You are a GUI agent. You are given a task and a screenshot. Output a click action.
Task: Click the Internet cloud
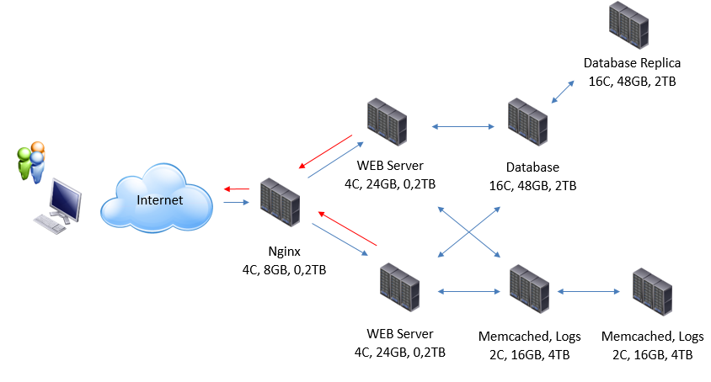tap(157, 199)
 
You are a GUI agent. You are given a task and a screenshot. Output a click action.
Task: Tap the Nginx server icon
tap(281, 203)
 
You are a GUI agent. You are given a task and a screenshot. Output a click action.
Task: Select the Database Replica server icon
tap(630, 26)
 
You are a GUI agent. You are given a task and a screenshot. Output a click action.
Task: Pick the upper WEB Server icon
tap(388, 123)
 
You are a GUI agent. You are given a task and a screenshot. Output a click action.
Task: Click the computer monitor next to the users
tap(66, 199)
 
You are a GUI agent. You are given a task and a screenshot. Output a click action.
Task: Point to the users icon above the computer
tap(32, 162)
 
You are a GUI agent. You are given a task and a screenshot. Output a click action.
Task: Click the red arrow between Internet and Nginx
tap(237, 189)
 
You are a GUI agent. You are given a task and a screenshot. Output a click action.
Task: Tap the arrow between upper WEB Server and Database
tap(462, 127)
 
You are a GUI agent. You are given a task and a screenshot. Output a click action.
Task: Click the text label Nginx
tap(282, 251)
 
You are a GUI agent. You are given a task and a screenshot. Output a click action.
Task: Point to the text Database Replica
tap(632, 63)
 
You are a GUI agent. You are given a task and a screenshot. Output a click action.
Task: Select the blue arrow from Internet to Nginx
tap(237, 202)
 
